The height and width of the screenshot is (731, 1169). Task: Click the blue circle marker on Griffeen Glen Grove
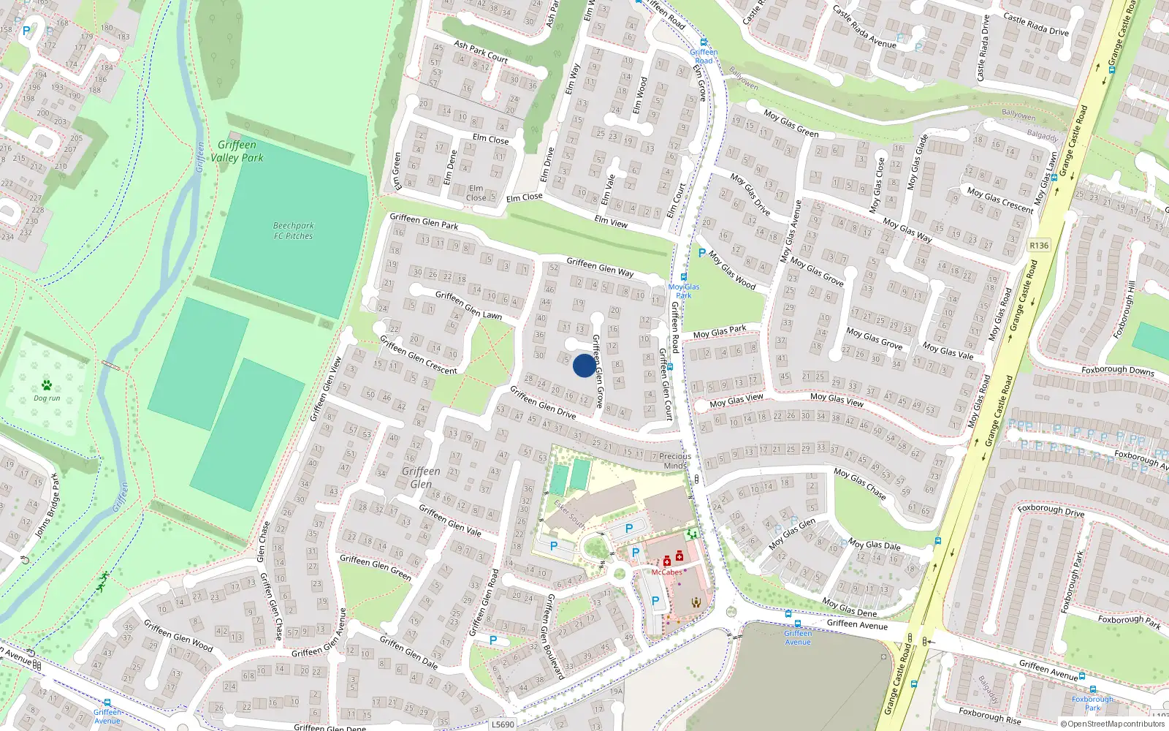tap(584, 365)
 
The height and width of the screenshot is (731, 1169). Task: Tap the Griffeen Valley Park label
tap(237, 151)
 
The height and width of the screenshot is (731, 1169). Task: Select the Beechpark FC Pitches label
tap(293, 231)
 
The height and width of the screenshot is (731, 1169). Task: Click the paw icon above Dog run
tap(47, 385)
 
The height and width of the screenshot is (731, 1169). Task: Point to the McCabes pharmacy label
tap(666, 572)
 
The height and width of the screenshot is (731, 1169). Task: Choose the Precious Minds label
tap(675, 461)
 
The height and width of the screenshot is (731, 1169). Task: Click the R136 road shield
tap(1038, 246)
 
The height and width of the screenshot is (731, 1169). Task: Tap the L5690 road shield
tap(503, 724)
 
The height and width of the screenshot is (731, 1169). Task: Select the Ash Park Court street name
tap(481, 51)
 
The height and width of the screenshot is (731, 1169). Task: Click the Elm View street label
tap(611, 221)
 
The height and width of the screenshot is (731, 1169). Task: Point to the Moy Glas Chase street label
tap(860, 484)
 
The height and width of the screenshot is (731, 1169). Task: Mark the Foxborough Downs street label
tap(1118, 371)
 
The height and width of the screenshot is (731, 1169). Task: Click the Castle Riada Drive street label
tap(1035, 23)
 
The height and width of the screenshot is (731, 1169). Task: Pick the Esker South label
tap(569, 514)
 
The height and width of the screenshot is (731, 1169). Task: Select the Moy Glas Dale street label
tap(874, 545)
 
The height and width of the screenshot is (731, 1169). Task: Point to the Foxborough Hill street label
tap(1124, 309)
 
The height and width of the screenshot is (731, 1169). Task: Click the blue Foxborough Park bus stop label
tap(1092, 703)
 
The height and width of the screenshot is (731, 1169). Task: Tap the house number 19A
tap(616, 691)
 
